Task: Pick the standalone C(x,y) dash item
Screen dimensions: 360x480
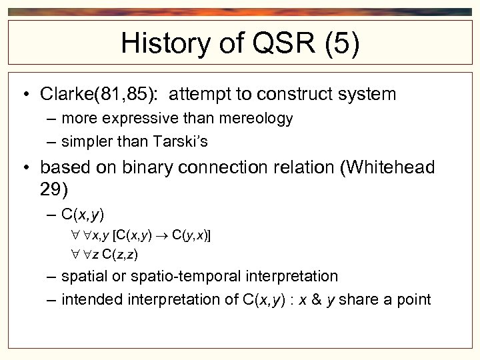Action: pos(83,214)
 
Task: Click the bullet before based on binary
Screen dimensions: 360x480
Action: pos(24,167)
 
